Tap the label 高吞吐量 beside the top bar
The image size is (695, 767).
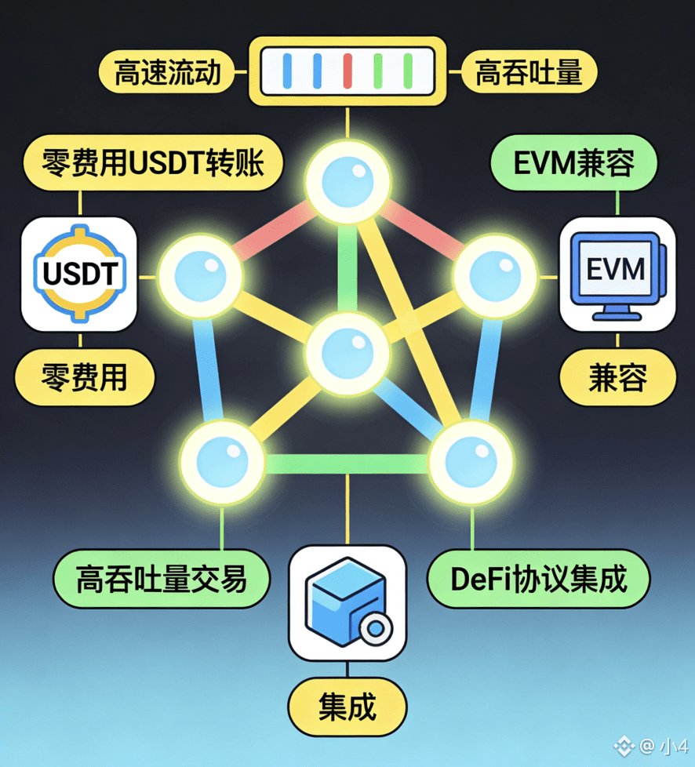528,73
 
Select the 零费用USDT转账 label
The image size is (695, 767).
151,165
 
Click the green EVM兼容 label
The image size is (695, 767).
573,165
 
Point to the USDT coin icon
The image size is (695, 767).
80,274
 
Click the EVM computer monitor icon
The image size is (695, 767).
617,273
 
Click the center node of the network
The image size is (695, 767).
346,351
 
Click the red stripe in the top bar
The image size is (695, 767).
347,70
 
